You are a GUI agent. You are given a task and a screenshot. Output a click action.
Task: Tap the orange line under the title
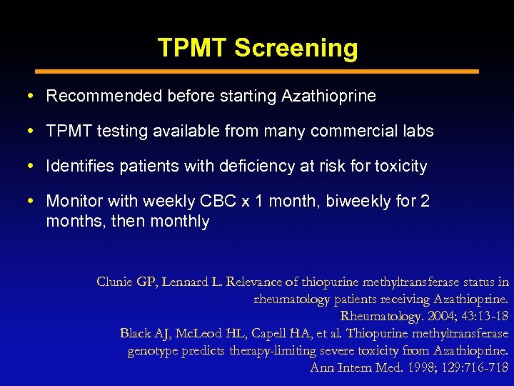[257, 71]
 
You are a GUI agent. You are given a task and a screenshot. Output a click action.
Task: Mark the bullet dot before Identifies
[36, 167]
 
